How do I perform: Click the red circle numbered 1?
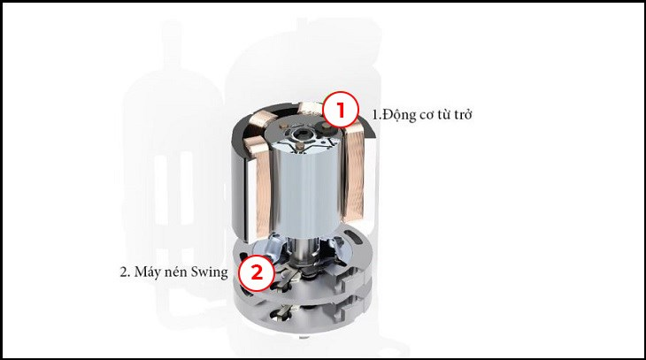[x=339, y=111]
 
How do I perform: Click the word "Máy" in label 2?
[x=147, y=272]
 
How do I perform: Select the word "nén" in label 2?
[x=175, y=272]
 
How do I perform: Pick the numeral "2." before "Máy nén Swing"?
[x=125, y=272]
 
